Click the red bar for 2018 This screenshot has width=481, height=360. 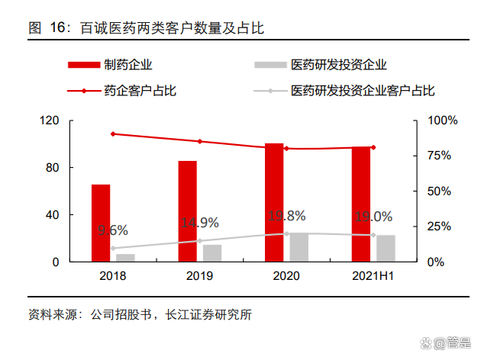[x=101, y=223]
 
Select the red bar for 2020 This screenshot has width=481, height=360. [x=274, y=202]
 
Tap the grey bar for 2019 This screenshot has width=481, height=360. [x=212, y=252]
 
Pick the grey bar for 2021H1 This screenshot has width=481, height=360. [x=386, y=248]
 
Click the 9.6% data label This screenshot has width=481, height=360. [x=113, y=230]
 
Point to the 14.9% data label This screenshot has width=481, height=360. [x=200, y=223]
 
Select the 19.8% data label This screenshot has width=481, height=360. [x=287, y=216]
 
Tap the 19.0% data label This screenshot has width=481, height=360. [x=373, y=217]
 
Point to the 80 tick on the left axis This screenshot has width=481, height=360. [x=52, y=168]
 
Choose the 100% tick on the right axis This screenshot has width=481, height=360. [x=443, y=121]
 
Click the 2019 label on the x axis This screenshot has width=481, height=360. [x=200, y=275]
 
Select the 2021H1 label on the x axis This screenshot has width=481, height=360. [x=373, y=275]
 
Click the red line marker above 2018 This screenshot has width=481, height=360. [x=113, y=134]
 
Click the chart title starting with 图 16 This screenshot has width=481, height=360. [x=145, y=28]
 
